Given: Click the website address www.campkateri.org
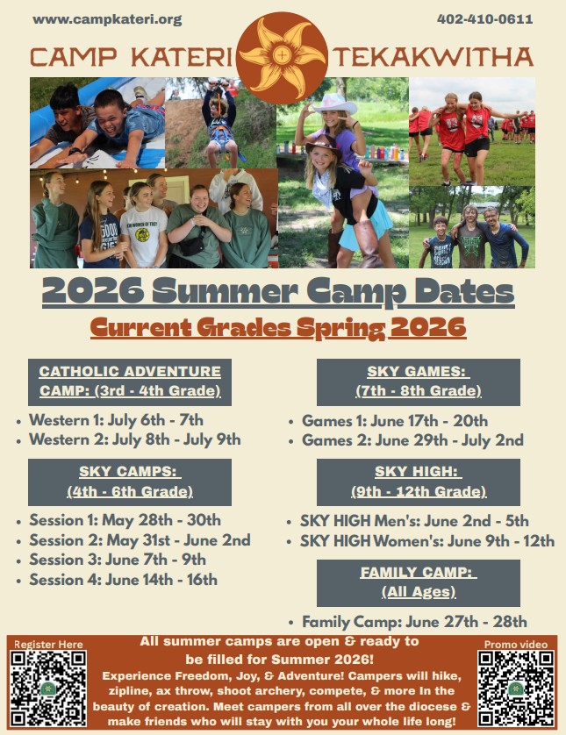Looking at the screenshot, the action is (x=107, y=19).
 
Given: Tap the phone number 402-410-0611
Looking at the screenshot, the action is (x=485, y=19).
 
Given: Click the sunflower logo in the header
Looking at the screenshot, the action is (x=282, y=57).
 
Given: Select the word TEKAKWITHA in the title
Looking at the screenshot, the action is (x=433, y=57).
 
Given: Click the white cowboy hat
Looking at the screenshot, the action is (x=334, y=103).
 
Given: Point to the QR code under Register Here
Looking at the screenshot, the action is (x=48, y=689).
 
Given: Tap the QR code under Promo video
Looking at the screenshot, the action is (x=516, y=689).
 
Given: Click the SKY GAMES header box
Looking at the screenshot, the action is (x=419, y=382).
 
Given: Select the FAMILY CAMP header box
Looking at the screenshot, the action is (x=419, y=582).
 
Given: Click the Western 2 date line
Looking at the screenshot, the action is (x=135, y=439).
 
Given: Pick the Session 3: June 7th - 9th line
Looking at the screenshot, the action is (x=118, y=560).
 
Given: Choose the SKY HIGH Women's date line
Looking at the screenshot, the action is (x=427, y=541).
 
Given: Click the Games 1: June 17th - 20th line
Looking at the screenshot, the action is (x=395, y=421).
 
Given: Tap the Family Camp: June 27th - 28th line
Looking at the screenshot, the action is (x=414, y=622).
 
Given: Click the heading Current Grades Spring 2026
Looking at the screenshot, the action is (x=278, y=328).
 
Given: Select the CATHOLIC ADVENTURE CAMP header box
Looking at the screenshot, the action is (x=130, y=382).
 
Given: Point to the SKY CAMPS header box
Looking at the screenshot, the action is (x=130, y=482).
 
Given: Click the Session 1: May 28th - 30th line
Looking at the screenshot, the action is (x=125, y=520).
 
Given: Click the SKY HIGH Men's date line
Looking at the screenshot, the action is (x=414, y=521).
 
